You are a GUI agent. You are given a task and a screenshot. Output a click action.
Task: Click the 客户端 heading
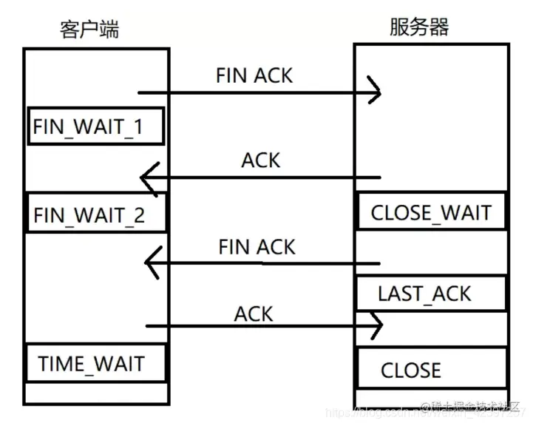[x=89, y=29]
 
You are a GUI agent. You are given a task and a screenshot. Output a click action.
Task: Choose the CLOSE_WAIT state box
[x=431, y=213]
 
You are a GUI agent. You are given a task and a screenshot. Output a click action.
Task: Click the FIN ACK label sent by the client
[x=254, y=75]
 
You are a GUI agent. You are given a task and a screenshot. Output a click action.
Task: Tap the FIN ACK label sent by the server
[x=257, y=246]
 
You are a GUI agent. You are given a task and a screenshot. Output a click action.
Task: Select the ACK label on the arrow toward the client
[x=261, y=160]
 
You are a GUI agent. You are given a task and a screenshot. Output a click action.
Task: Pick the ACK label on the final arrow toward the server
[x=254, y=314]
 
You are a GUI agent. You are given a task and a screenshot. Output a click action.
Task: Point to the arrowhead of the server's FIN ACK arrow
[x=151, y=260]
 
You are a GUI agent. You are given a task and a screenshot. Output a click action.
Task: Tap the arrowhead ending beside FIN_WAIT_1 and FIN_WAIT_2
[x=148, y=178]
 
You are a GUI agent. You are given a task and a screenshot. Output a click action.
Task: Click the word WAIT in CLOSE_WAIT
[x=464, y=213]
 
